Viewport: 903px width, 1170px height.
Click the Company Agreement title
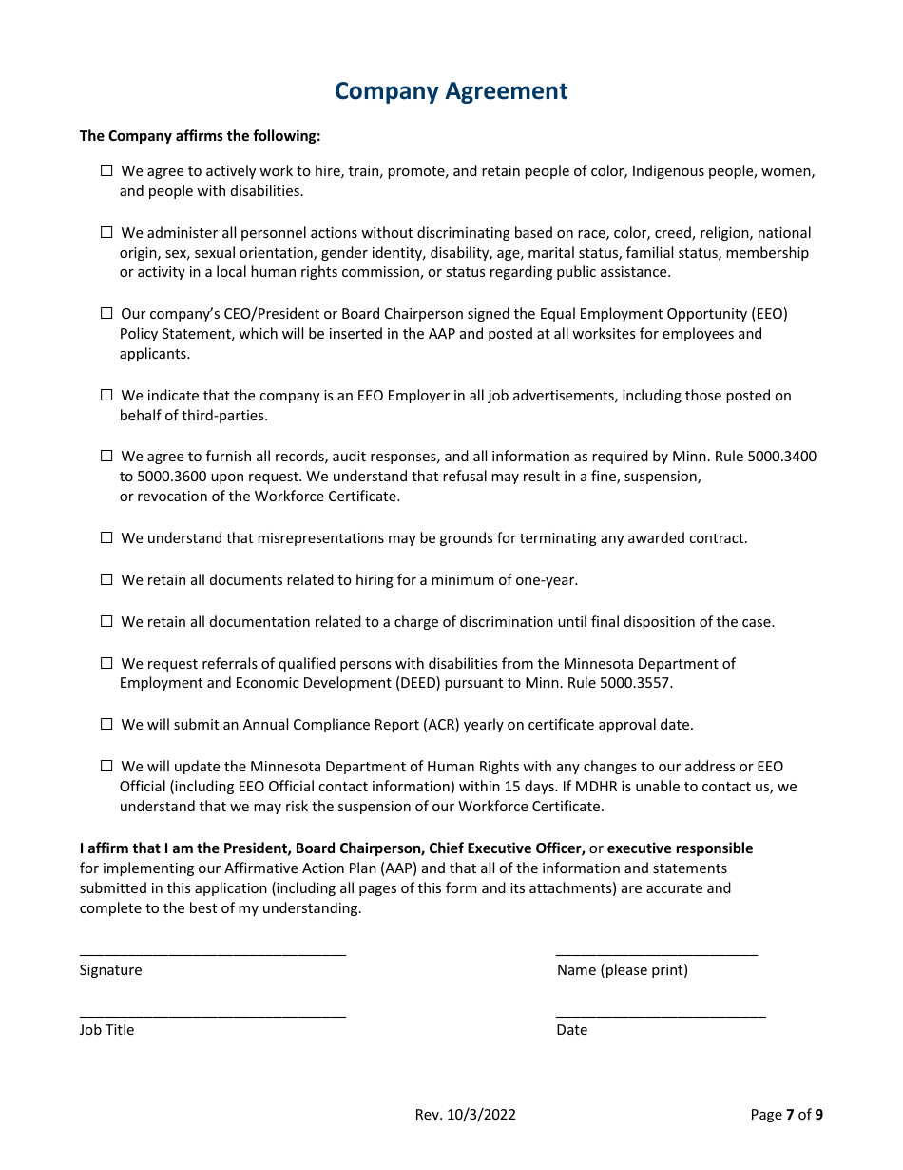(x=451, y=91)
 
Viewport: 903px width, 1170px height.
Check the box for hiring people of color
(x=106, y=171)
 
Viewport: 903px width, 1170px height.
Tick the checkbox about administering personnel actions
(x=106, y=232)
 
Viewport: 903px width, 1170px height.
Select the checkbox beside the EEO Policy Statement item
(x=106, y=313)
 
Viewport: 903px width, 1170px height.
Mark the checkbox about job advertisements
(x=106, y=395)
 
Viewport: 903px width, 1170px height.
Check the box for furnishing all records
(x=106, y=456)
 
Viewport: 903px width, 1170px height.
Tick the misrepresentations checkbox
(x=106, y=537)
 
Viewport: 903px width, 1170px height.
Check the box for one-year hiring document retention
(x=106, y=579)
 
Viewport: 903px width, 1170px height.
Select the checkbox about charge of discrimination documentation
(x=106, y=621)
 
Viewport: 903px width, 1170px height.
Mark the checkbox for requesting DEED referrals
(x=106, y=663)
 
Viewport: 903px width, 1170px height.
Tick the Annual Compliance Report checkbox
(x=106, y=724)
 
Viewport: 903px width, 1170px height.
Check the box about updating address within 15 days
(x=106, y=766)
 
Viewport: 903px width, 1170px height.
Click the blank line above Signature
(x=212, y=950)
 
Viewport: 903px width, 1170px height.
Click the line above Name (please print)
(x=656, y=950)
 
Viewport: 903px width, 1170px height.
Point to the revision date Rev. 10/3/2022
(x=465, y=1115)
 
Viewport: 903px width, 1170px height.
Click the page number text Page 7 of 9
(x=786, y=1115)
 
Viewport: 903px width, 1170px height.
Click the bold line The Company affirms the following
(x=200, y=136)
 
